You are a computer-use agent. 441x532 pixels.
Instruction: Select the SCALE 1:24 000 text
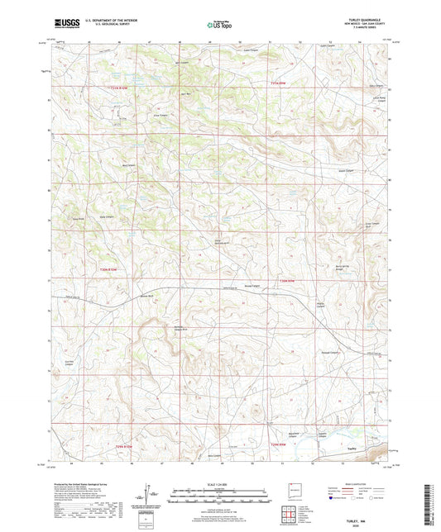click(220, 484)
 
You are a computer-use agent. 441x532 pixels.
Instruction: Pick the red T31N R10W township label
click(122, 85)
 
